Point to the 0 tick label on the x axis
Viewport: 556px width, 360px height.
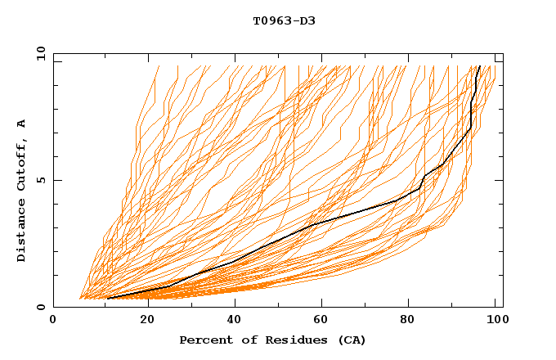tap(53, 321)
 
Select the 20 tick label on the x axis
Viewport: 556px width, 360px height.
tap(147, 321)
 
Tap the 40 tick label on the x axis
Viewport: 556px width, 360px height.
tap(236, 321)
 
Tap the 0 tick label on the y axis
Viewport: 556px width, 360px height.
tap(41, 308)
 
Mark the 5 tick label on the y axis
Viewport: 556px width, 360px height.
tap(41, 180)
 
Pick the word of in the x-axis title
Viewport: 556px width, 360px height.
tap(243, 340)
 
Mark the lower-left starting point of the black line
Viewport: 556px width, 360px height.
tap(108, 298)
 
